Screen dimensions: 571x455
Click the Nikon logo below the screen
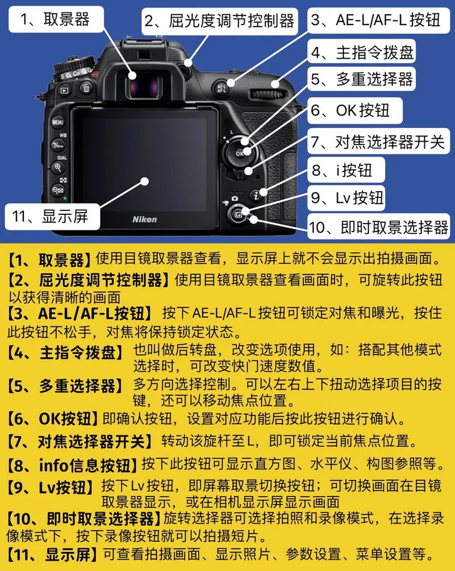(x=144, y=219)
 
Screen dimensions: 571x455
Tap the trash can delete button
(x=86, y=88)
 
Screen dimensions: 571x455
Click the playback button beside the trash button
(x=64, y=89)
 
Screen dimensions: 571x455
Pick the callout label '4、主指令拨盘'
(x=362, y=52)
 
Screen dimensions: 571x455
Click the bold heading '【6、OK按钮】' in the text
(x=54, y=419)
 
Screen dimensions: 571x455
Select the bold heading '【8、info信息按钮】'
(x=73, y=465)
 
